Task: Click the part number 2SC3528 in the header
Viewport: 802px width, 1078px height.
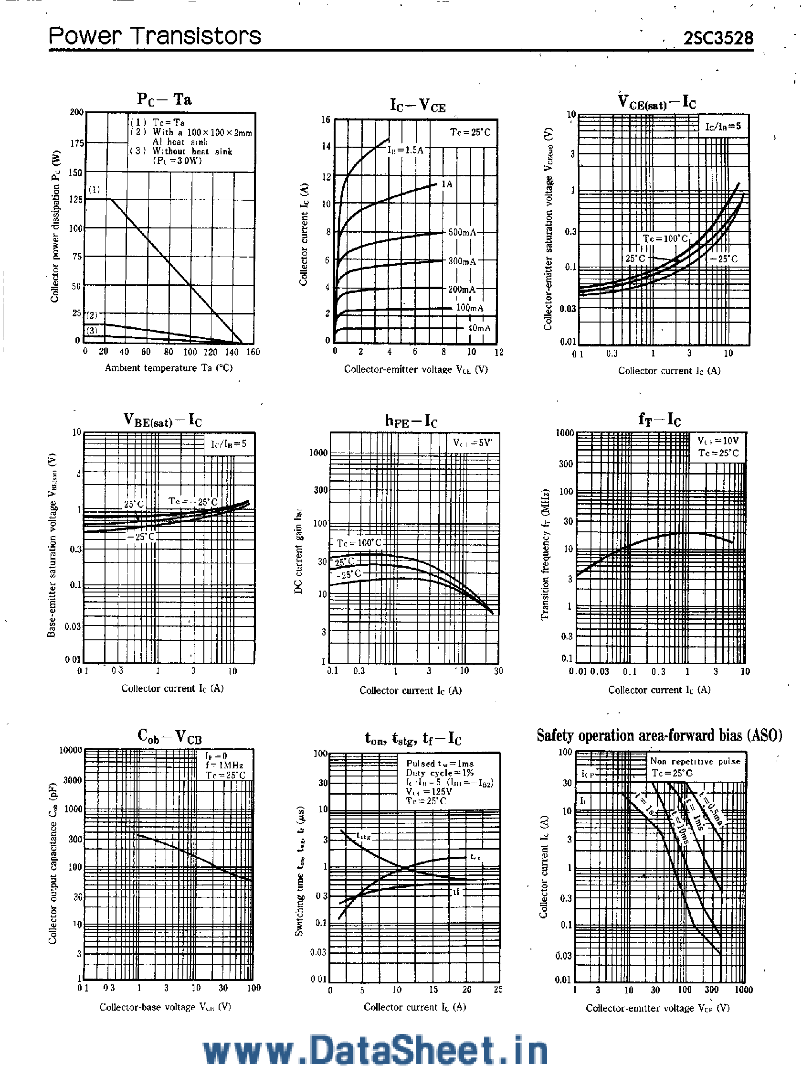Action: pos(718,38)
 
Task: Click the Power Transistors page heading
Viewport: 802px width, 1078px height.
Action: pos(155,36)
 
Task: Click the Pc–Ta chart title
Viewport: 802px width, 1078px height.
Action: pos(164,99)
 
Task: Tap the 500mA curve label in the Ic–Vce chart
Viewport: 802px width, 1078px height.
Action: pos(462,232)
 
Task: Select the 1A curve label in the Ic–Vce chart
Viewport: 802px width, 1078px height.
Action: pos(447,184)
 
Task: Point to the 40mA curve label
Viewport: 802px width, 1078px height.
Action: pos(479,328)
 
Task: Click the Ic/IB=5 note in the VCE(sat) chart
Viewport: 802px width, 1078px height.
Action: pos(723,126)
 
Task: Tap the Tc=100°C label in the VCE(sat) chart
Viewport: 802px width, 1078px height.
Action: pos(665,238)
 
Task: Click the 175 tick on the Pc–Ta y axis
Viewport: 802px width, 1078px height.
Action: pos(77,143)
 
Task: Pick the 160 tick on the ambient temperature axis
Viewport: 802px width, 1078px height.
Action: pos(253,352)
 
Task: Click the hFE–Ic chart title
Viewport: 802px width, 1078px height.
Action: pos(411,420)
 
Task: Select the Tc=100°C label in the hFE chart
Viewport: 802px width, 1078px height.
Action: pos(359,543)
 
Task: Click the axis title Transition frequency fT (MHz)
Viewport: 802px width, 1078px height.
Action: pos(545,554)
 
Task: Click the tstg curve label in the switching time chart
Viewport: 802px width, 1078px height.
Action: pos(364,836)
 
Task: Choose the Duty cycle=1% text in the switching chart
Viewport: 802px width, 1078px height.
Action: pos(439,773)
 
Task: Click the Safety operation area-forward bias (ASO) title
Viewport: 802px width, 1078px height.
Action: pos(659,735)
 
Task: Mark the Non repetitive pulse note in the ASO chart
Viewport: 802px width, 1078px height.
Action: pos(695,762)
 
